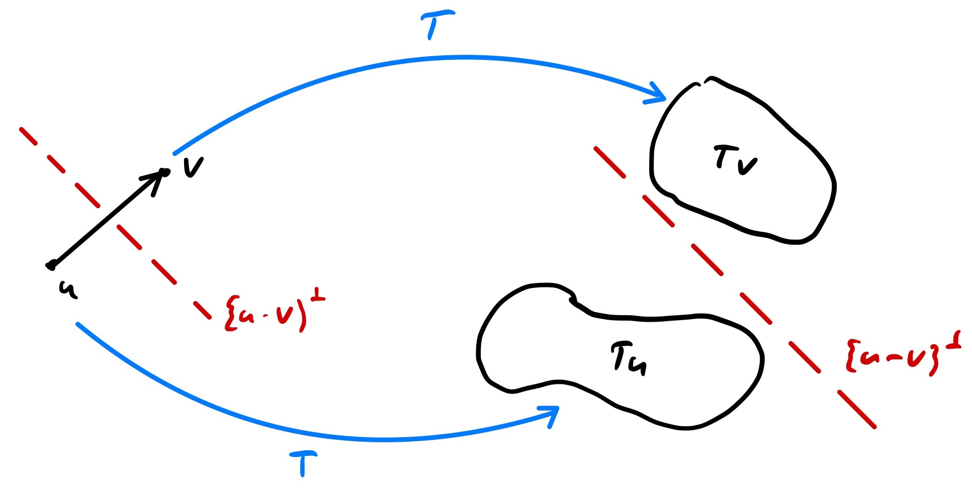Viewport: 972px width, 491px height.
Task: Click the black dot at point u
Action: click(x=51, y=266)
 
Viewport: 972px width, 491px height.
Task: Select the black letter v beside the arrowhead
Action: click(x=193, y=167)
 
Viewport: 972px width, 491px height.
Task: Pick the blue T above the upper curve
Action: click(x=436, y=23)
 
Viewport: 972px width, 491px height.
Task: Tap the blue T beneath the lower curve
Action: click(x=303, y=463)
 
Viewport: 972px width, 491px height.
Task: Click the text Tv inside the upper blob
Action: click(x=735, y=159)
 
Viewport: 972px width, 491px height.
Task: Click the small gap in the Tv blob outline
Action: click(x=702, y=81)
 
